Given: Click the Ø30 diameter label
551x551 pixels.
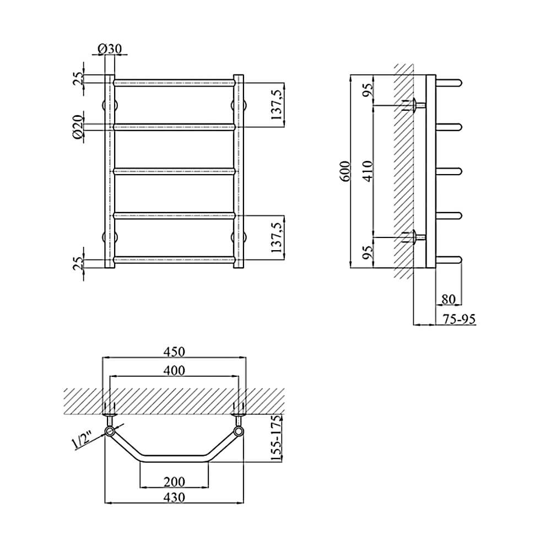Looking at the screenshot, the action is (110, 48).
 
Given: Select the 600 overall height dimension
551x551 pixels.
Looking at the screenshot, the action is (345, 171).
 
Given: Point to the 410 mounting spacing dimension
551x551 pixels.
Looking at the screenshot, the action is (368, 171).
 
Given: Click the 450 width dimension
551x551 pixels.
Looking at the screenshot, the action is (174, 352).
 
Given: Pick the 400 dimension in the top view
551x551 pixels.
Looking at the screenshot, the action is (174, 370).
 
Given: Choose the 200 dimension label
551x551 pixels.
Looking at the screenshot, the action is (174, 481).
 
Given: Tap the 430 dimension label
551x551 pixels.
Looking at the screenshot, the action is (174, 497).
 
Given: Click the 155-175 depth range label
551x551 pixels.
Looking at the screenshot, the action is (277, 438).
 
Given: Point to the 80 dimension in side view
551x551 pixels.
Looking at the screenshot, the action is (448, 299).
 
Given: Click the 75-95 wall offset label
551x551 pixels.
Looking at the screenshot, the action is (459, 319).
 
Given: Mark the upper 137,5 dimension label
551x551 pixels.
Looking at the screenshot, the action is (278, 104).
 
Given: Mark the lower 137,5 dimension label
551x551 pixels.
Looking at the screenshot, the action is (278, 237).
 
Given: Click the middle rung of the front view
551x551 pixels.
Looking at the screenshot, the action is (174, 171).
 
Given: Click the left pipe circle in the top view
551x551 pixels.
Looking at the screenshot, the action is (110, 431).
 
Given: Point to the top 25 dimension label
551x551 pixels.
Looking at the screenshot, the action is (79, 78).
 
